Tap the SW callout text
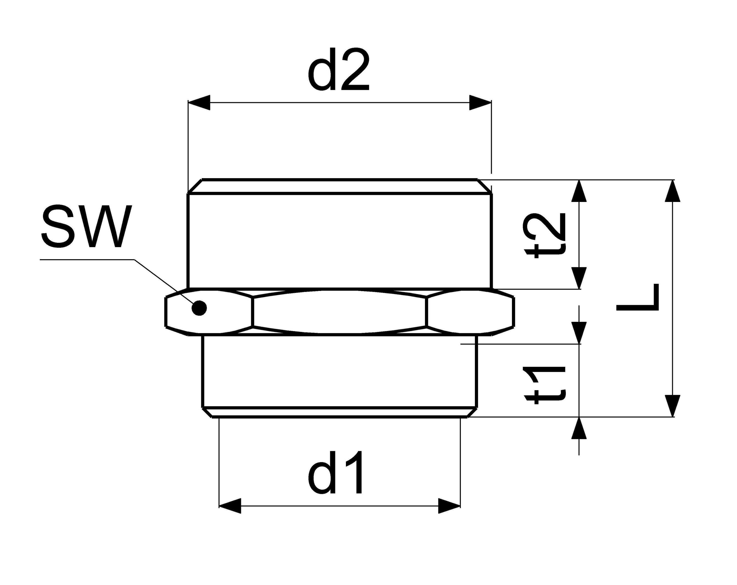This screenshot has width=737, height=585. coord(86,226)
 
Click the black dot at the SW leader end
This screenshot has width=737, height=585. coord(199,308)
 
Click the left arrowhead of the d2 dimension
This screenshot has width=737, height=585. coord(199,102)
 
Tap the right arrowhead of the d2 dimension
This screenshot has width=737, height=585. coord(480,102)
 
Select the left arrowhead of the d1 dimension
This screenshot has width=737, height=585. coord(230,506)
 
